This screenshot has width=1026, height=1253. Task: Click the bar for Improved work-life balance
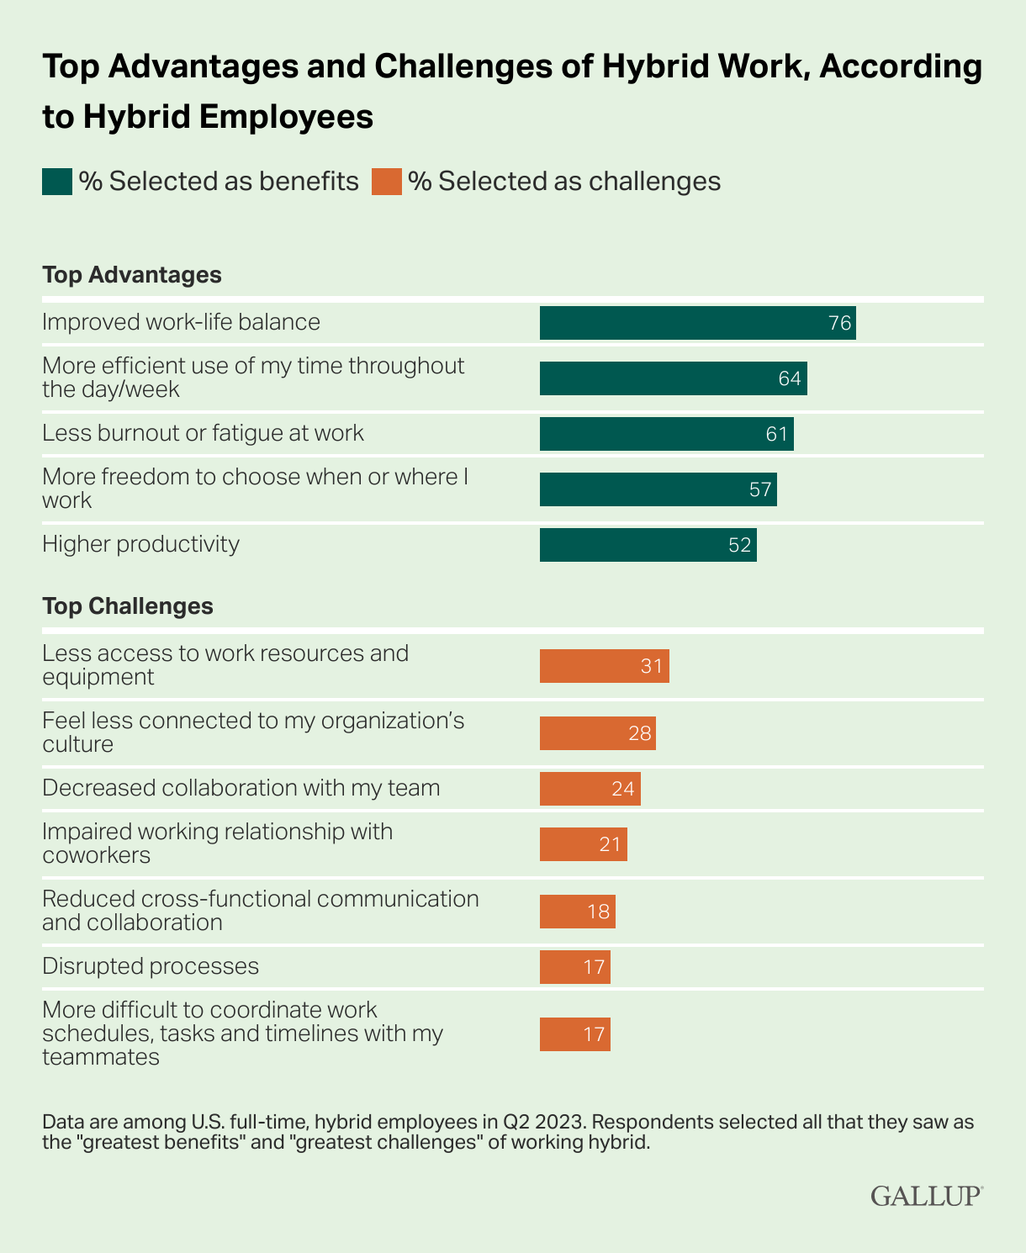click(x=697, y=323)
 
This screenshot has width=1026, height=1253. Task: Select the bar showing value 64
click(x=673, y=378)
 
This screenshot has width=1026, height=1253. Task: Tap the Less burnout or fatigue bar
click(x=666, y=434)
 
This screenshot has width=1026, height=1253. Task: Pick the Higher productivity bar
click(x=648, y=545)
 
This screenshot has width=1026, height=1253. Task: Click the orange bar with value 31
click(x=604, y=666)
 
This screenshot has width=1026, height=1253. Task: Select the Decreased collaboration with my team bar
click(x=590, y=789)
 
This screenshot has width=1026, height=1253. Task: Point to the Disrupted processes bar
click(x=574, y=967)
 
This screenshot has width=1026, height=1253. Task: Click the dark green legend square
click(x=57, y=182)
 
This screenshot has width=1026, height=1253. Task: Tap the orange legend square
click(x=387, y=182)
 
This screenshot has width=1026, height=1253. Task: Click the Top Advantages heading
click(x=132, y=275)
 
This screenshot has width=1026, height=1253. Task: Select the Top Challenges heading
click(x=128, y=606)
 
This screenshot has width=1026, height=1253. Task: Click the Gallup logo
click(x=926, y=1196)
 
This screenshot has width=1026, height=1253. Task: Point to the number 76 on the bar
click(x=839, y=323)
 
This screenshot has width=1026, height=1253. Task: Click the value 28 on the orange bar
click(x=639, y=733)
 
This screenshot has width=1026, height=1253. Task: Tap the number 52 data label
click(x=739, y=545)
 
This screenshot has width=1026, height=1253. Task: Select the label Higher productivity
click(x=140, y=544)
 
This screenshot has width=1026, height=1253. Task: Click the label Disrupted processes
click(x=151, y=966)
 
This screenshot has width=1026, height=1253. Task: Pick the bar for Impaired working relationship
click(x=583, y=844)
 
